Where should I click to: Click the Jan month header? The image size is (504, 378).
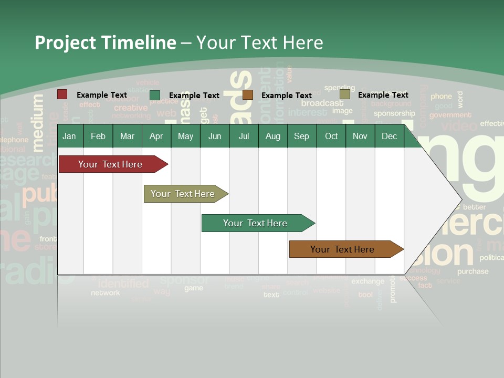click(69, 136)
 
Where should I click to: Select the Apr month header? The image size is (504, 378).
click(156, 136)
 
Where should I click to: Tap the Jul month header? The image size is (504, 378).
click(244, 136)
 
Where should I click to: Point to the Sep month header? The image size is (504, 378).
click(301, 136)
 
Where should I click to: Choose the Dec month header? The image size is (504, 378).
click(389, 136)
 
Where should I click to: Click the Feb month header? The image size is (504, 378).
click(98, 136)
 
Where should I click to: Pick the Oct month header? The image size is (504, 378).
click(331, 136)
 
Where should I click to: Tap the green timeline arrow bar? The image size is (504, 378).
click(256, 223)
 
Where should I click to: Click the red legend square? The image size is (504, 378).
click(62, 94)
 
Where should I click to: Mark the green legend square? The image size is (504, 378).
click(155, 95)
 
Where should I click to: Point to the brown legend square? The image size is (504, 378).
click(248, 95)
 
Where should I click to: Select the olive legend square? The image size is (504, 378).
click(345, 94)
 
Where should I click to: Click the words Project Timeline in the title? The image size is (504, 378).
click(105, 42)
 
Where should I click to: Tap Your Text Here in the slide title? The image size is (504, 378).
click(259, 42)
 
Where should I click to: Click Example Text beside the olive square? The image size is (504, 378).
click(383, 94)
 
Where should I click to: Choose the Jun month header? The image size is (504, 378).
click(215, 136)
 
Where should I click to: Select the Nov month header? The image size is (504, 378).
click(360, 136)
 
